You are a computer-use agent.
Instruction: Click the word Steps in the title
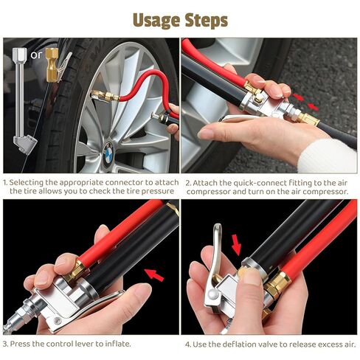click(x=203, y=18)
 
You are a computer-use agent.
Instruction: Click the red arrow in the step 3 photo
click(x=154, y=275)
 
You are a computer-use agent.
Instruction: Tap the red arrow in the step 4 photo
click(x=237, y=242)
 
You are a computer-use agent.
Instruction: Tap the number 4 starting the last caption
click(x=187, y=343)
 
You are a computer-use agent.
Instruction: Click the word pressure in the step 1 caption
click(x=159, y=191)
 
